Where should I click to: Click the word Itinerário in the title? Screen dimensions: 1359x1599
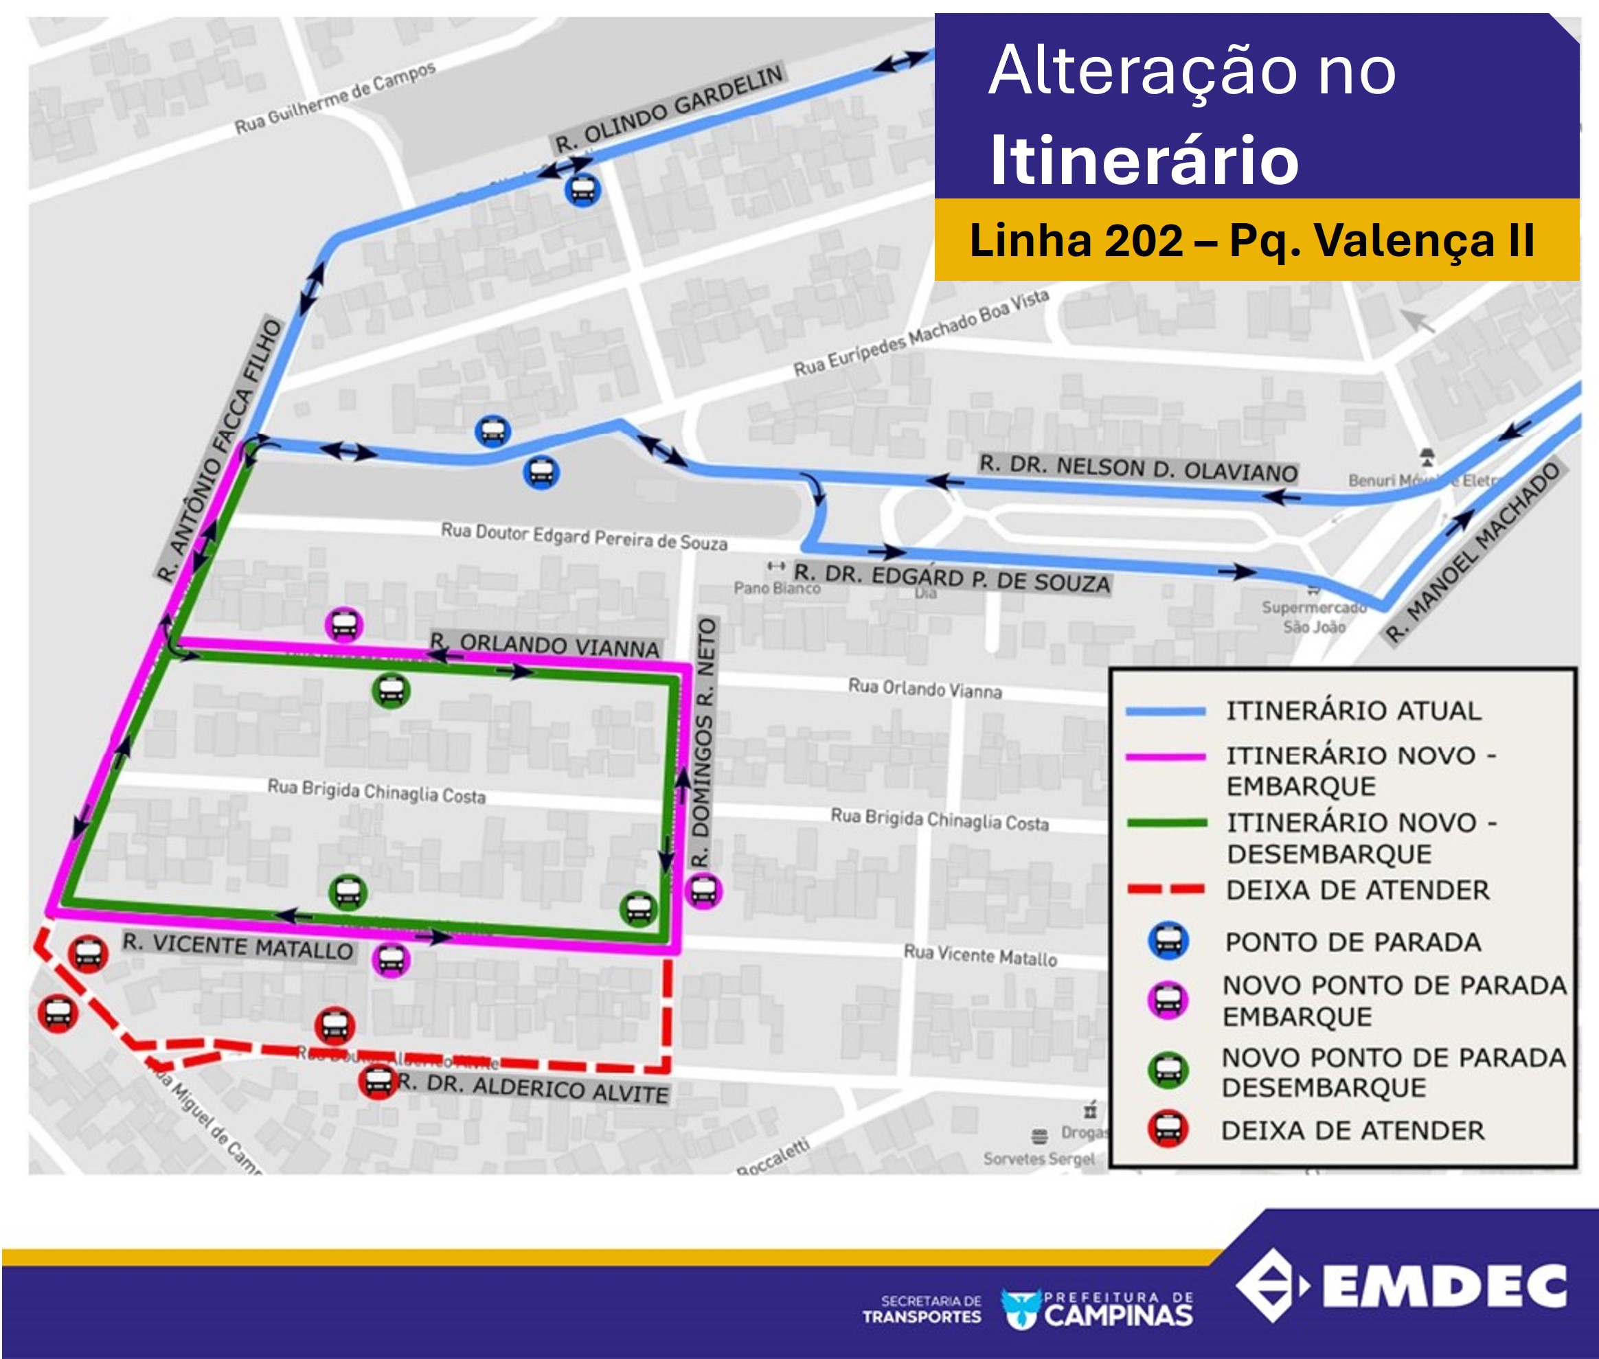coord(1144,160)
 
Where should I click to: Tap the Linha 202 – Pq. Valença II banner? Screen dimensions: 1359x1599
coord(1251,240)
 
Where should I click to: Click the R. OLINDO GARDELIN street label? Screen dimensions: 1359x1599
coord(669,109)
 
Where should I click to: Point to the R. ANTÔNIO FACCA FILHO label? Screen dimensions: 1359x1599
coord(220,450)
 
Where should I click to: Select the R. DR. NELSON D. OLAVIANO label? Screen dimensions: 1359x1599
coord(1138,468)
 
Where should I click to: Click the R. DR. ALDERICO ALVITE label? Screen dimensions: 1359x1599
coord(533,1088)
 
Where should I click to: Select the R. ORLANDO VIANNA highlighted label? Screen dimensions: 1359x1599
coord(545,645)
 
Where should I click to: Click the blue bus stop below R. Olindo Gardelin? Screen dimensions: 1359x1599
coord(582,189)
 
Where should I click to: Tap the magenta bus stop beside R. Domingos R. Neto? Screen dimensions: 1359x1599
coord(703,891)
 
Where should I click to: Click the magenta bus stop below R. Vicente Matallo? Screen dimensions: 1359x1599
coord(391,960)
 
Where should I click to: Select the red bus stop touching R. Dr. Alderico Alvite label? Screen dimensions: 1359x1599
coord(378,1081)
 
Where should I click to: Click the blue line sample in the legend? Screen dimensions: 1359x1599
coord(1165,711)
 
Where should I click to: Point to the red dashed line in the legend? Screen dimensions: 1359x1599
coord(1165,890)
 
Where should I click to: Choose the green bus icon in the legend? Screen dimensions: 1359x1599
coord(1168,1071)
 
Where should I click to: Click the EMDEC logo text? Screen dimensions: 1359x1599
coord(1444,1286)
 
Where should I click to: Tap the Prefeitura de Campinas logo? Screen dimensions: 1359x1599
coord(1098,1308)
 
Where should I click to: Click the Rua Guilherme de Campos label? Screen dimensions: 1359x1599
coord(335,98)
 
